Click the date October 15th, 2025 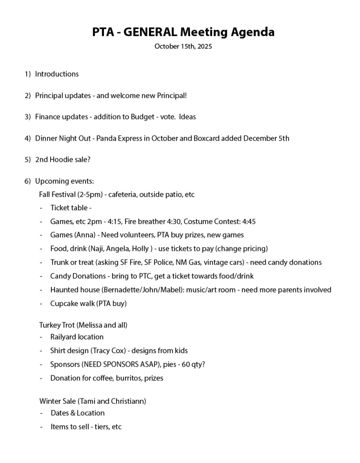click(183, 47)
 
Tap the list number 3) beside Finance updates click(28, 117)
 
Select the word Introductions click(57, 74)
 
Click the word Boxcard click(208, 138)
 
